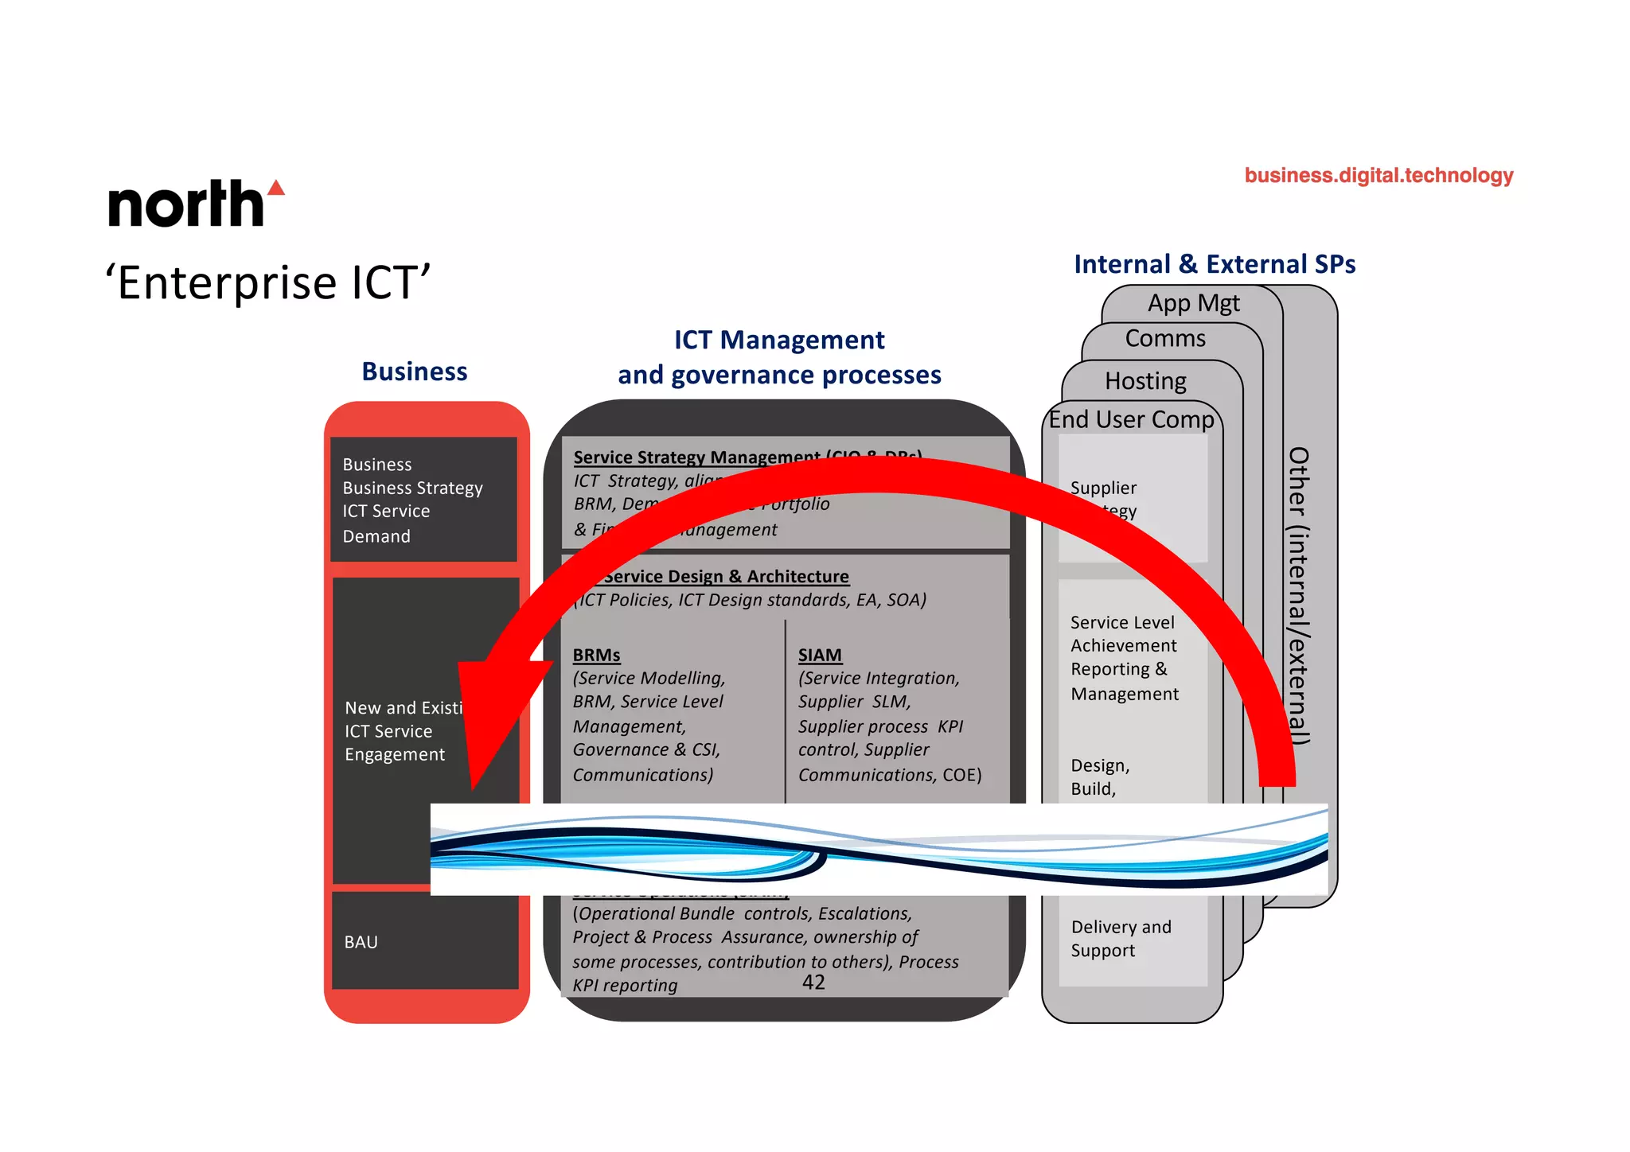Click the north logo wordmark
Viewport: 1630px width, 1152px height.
(186, 204)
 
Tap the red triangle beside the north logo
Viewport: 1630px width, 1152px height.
(276, 189)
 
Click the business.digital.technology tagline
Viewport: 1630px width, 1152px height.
(1378, 175)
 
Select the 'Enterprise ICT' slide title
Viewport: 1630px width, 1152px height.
(267, 282)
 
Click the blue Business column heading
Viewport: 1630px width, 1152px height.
(415, 372)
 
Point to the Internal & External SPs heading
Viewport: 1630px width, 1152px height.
(1215, 264)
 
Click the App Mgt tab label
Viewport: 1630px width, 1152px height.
(1193, 303)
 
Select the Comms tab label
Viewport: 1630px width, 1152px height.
(1165, 339)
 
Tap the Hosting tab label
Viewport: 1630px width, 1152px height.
(1145, 381)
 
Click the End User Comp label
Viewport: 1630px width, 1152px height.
(1131, 419)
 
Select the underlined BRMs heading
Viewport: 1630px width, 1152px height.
(596, 655)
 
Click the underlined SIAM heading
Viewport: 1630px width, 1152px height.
(820, 655)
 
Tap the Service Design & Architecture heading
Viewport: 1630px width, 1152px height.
(726, 576)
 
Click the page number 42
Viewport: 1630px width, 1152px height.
(813, 983)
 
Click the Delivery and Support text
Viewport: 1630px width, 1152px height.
(1121, 939)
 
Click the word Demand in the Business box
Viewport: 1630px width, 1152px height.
(376, 536)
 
